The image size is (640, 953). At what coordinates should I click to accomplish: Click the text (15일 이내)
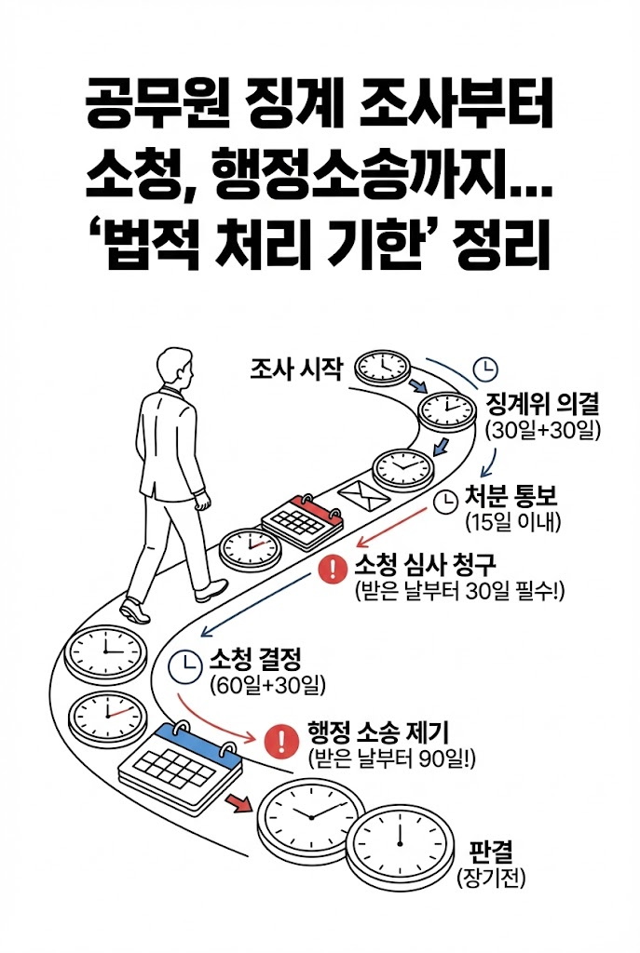coord(511,522)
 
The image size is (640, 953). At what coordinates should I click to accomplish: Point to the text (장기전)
coord(482,877)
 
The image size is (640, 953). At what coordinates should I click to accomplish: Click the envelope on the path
coord(363,496)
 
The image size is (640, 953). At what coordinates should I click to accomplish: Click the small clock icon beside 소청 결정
coord(185,664)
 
